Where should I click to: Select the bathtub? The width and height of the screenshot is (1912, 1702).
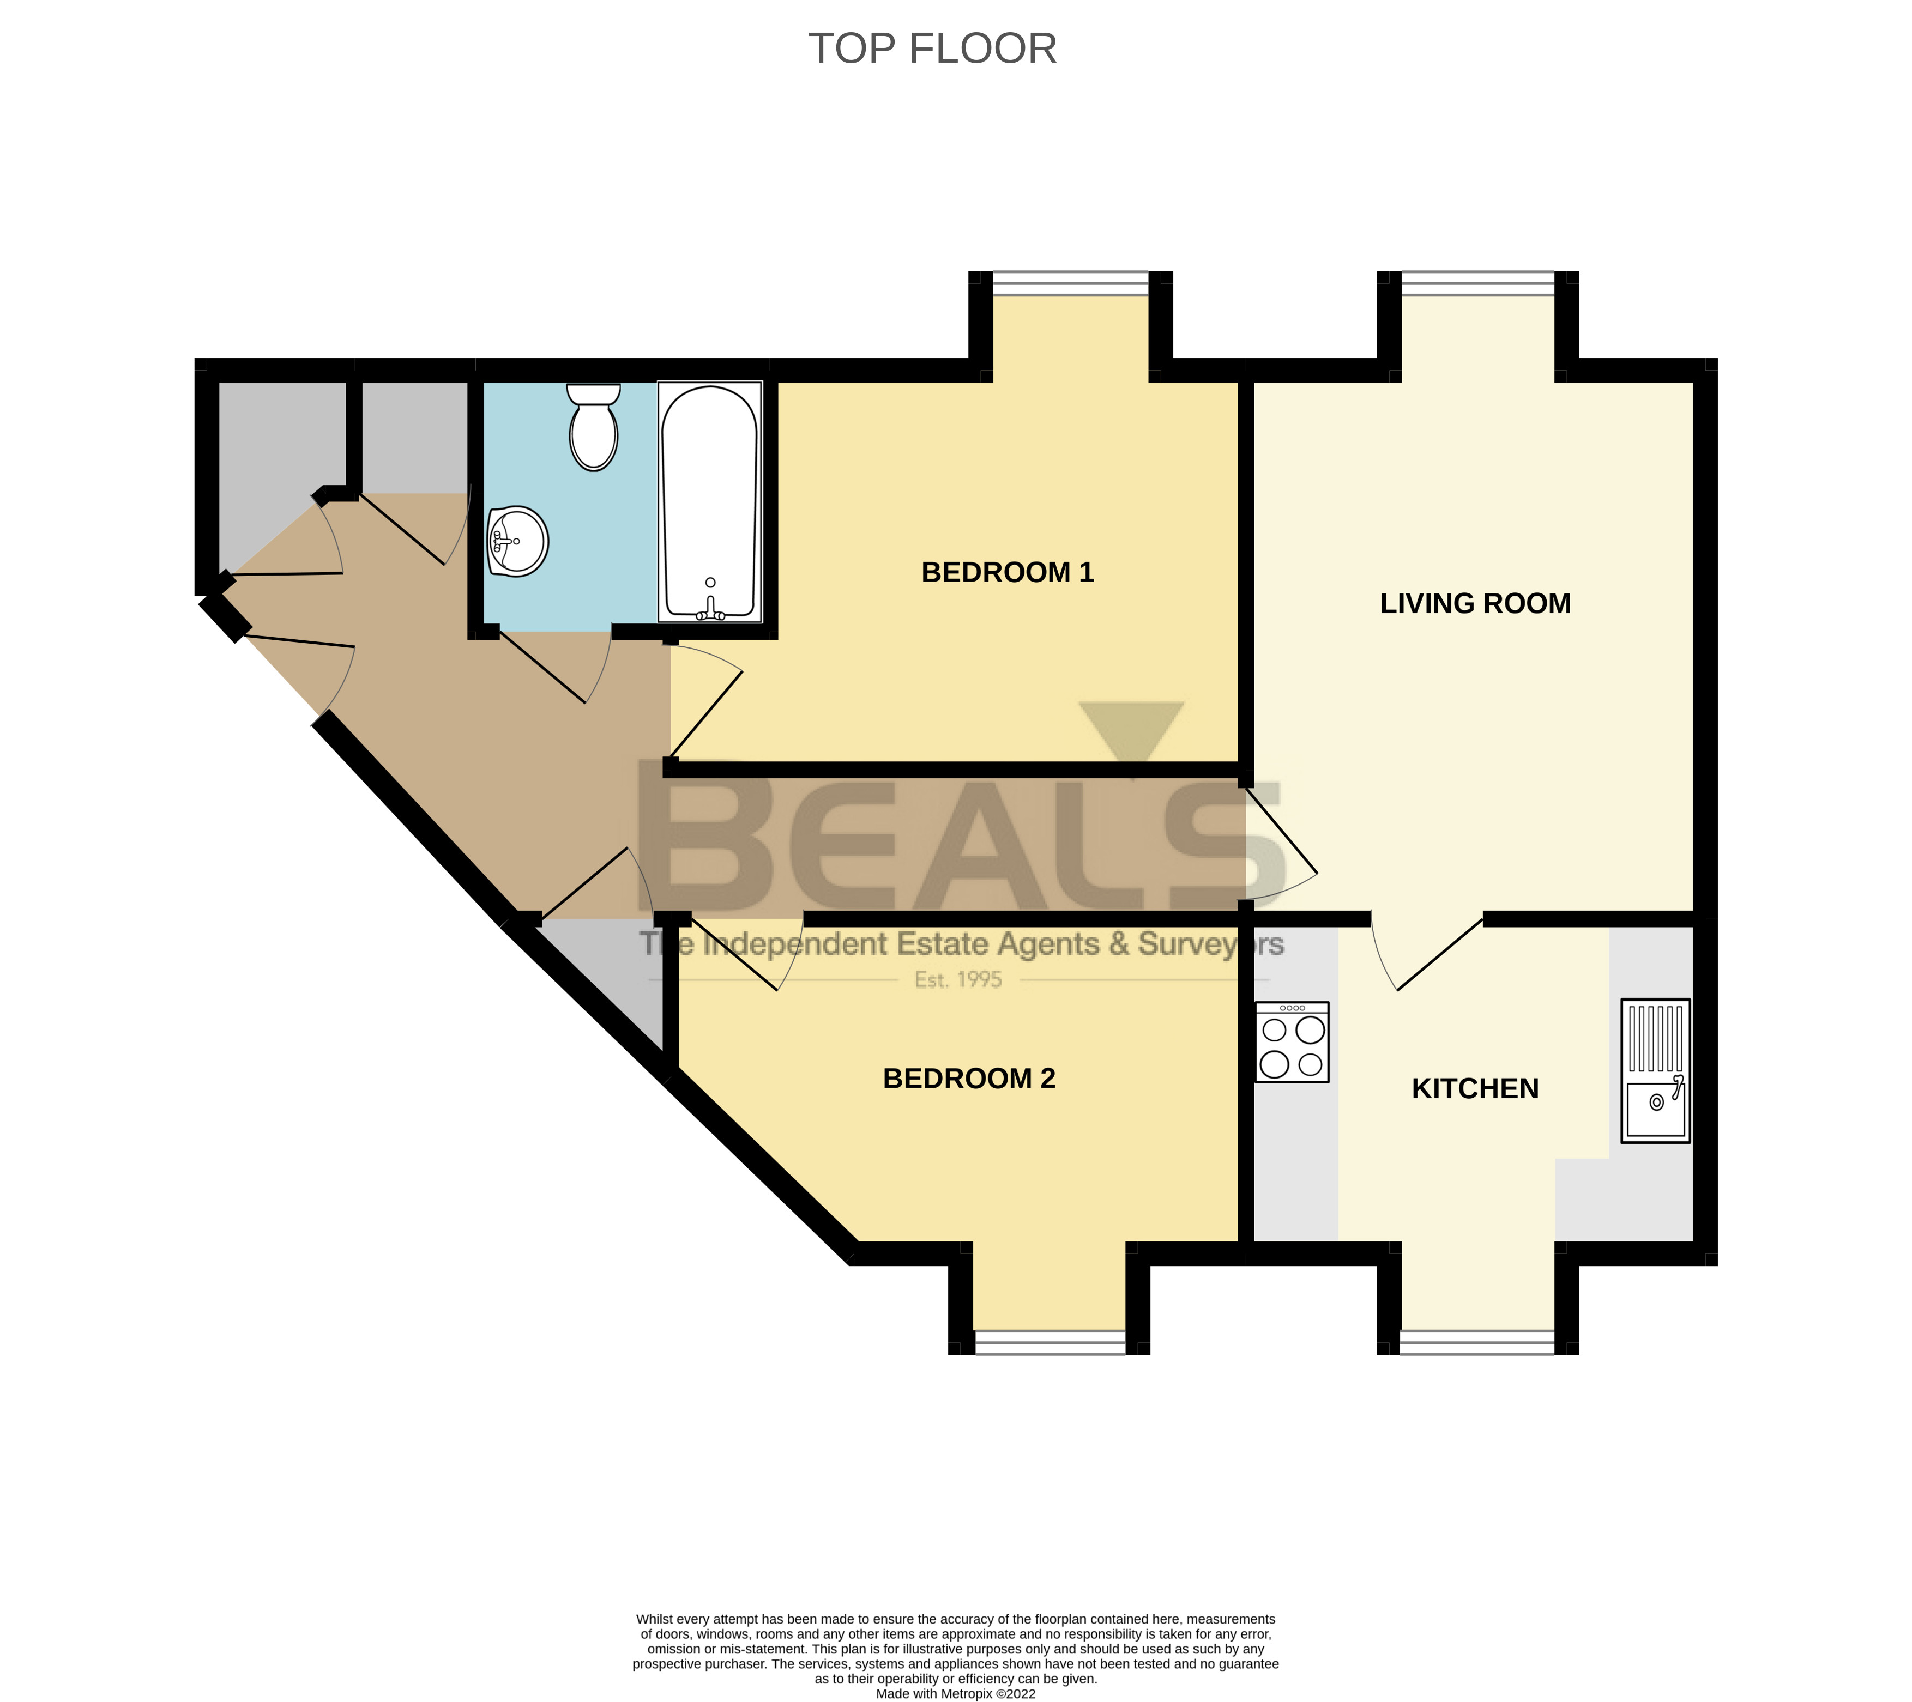click(709, 502)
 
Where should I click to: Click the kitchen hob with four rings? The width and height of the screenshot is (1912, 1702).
click(1291, 1043)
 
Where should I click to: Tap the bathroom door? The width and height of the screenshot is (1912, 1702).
click(552, 666)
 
